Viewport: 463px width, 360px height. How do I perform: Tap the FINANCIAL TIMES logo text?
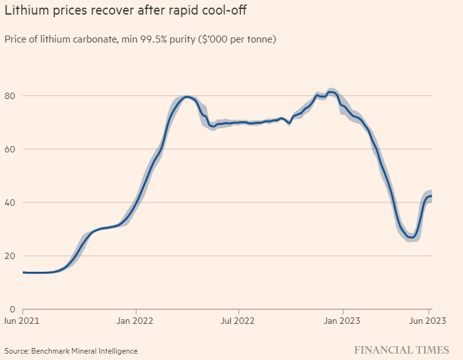click(401, 350)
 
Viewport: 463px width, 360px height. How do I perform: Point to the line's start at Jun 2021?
click(23, 272)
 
